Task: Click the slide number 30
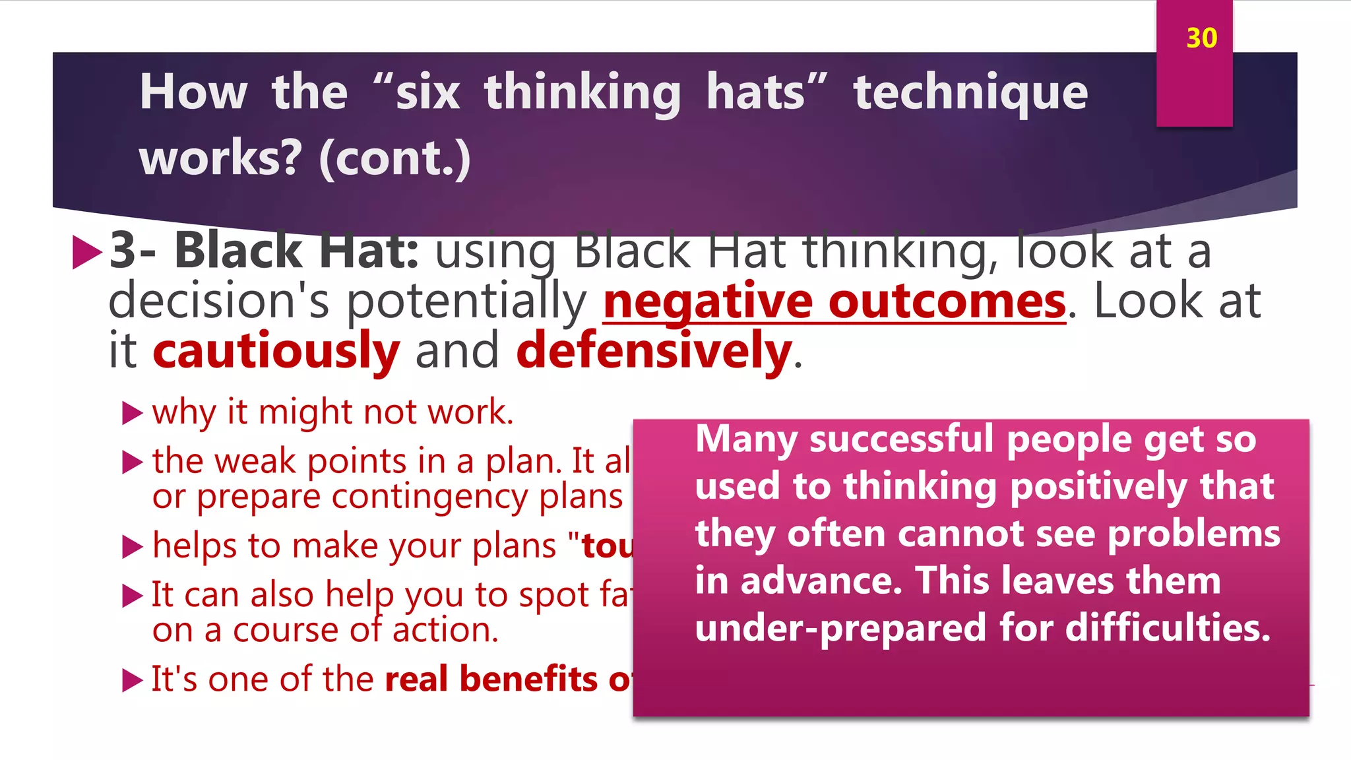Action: click(x=1201, y=38)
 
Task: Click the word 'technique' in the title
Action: click(x=970, y=93)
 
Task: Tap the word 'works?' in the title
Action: click(x=220, y=158)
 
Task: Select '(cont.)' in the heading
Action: click(x=394, y=158)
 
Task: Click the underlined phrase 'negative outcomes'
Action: click(x=834, y=301)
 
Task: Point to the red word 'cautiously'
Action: click(x=276, y=351)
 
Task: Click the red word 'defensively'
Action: click(x=654, y=351)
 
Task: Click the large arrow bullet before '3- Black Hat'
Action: click(x=86, y=251)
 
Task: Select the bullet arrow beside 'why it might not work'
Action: click(x=133, y=414)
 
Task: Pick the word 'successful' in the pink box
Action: click(x=901, y=439)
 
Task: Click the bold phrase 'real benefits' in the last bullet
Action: click(x=491, y=679)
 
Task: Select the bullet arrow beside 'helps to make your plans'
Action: click(x=133, y=547)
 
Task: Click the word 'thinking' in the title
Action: click(x=582, y=93)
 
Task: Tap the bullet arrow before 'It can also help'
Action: click(x=133, y=596)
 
